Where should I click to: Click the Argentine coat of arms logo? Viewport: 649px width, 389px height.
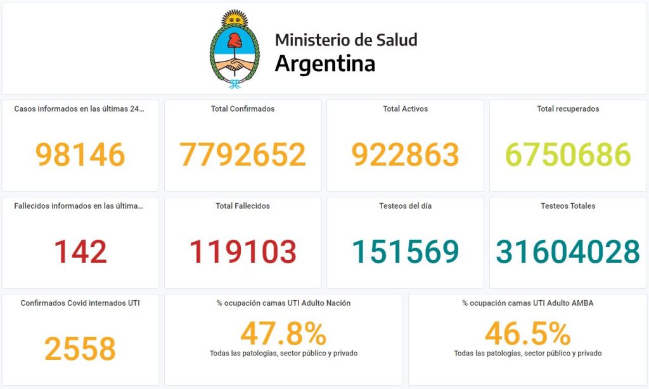click(235, 49)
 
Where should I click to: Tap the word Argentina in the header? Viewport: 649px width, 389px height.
click(324, 64)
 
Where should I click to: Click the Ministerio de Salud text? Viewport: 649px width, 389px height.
click(346, 40)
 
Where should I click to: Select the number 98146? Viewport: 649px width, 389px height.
click(80, 155)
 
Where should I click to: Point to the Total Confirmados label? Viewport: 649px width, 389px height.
click(243, 109)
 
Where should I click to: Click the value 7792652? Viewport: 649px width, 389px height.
click(243, 155)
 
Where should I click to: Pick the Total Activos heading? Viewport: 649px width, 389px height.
click(405, 109)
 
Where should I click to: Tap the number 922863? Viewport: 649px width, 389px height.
click(405, 155)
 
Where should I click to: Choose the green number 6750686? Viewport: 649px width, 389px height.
click(568, 155)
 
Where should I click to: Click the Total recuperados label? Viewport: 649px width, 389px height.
click(568, 109)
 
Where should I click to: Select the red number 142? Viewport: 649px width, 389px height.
click(80, 252)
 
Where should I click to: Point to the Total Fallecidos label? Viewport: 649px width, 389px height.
click(243, 206)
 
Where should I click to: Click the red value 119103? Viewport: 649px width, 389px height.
click(243, 252)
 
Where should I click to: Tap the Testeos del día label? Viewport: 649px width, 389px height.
click(405, 206)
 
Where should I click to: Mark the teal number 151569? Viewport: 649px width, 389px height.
click(405, 252)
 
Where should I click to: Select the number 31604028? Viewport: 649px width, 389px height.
click(568, 252)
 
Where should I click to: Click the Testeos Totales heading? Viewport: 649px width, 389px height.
click(568, 206)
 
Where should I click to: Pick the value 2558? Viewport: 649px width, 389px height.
click(80, 349)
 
